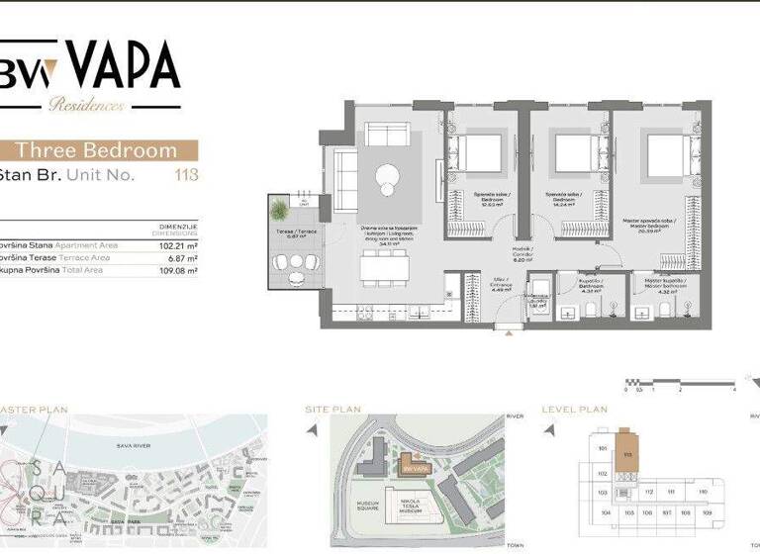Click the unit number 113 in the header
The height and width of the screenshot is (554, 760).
click(186, 176)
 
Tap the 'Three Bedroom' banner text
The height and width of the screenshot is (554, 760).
click(97, 150)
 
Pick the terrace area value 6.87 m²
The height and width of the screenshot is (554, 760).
click(180, 256)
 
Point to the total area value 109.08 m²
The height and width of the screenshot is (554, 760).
click(178, 269)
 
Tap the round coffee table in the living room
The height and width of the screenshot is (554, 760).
click(385, 179)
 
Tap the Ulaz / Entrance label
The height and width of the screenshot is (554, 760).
click(502, 288)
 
